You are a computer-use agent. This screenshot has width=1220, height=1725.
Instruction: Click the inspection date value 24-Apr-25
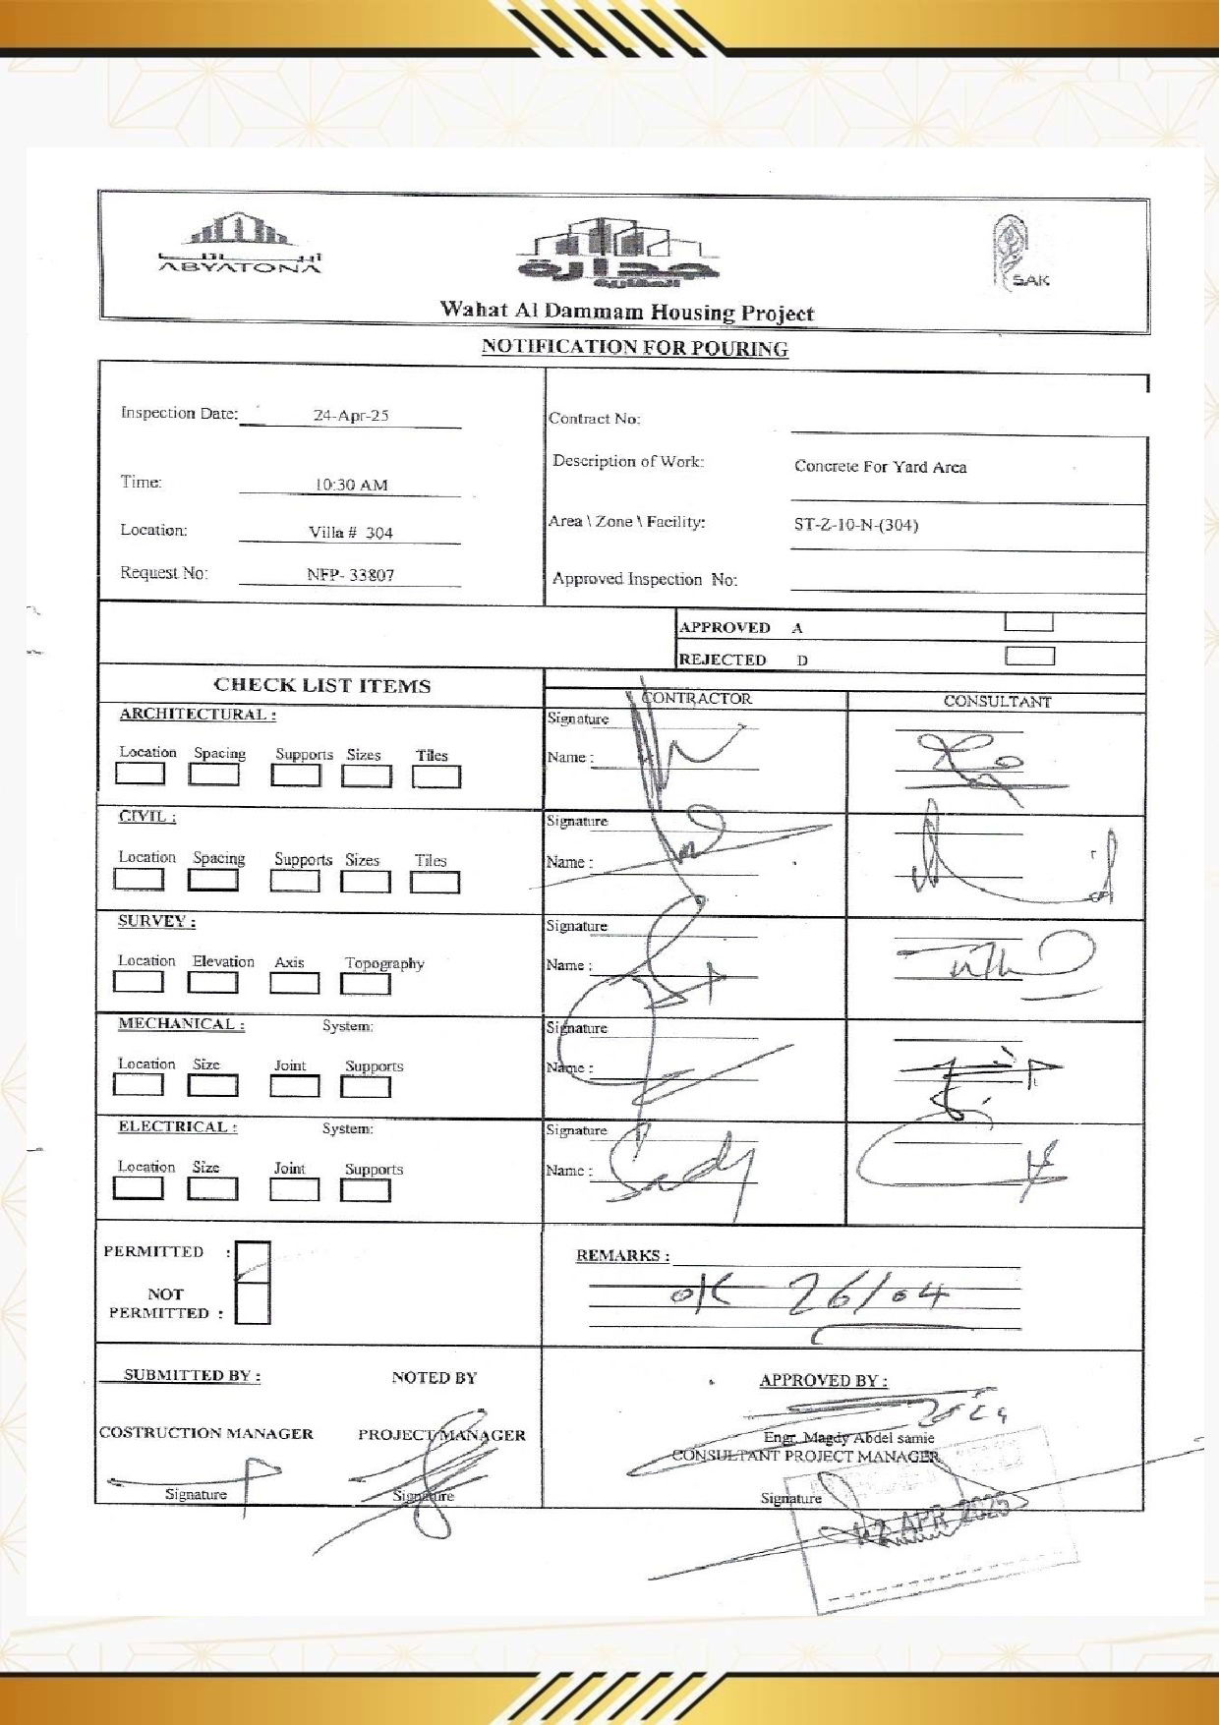351,416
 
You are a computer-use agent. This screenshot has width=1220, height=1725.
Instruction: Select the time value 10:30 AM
351,485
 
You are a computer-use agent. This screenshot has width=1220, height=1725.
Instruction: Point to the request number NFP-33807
350,575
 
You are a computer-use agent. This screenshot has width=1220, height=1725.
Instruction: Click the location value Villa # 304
350,533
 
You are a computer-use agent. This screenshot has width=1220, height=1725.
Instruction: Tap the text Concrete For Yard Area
880,467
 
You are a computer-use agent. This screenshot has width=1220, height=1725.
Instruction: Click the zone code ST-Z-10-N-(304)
855,525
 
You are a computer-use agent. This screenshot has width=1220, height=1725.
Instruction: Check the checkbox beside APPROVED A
1028,623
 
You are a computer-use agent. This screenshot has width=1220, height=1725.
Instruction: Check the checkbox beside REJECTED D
1029,657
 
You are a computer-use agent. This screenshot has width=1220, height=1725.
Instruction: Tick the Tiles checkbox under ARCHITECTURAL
436,776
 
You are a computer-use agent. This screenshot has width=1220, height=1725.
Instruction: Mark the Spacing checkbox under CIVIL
213,880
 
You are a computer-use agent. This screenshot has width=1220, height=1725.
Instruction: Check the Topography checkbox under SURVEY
365,984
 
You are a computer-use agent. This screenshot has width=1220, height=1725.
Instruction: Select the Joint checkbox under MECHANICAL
294,1086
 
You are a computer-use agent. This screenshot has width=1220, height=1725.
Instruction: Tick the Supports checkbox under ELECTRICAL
365,1190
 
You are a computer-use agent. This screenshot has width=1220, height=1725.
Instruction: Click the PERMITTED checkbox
253,1262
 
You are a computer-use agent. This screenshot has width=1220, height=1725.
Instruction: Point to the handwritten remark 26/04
867,1298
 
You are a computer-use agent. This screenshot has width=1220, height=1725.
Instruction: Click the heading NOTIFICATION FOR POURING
634,348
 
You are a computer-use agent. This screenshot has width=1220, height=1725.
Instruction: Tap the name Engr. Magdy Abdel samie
848,1438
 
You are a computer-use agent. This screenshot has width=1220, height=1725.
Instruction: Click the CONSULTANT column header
996,702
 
